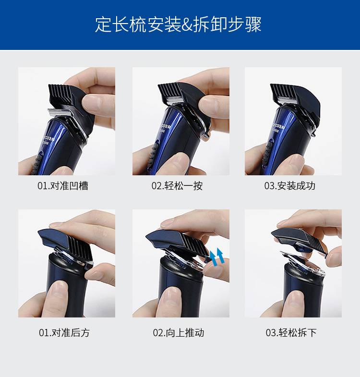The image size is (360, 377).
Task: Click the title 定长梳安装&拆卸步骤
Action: coord(178,24)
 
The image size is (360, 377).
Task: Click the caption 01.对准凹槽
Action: coord(63,186)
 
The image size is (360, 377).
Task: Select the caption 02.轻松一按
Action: coord(177,186)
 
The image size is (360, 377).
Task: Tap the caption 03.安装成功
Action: coord(290,186)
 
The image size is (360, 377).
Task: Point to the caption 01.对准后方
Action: coord(64,332)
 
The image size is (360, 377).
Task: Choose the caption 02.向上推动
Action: coord(178,332)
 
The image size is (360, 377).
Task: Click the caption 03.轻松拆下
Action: coord(291,332)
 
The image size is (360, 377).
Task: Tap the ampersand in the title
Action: coord(187,24)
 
